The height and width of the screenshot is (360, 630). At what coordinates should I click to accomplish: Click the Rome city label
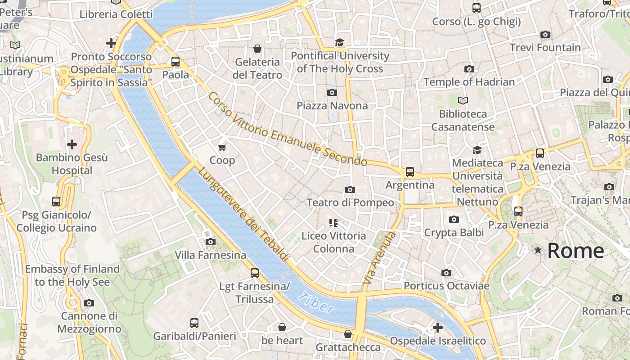pyautogui.click(x=576, y=251)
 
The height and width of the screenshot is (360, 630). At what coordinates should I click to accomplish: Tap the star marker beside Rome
pyautogui.click(x=538, y=250)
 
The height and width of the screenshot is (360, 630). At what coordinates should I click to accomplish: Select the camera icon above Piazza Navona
pyautogui.click(x=332, y=92)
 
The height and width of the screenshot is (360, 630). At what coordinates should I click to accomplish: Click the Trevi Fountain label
pyautogui.click(x=545, y=47)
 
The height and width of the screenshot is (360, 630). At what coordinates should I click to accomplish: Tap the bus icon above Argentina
pyautogui.click(x=409, y=171)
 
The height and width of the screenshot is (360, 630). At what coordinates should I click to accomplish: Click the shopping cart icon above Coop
pyautogui.click(x=222, y=147)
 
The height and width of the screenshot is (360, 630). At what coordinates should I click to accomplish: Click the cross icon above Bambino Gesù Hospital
pyautogui.click(x=72, y=144)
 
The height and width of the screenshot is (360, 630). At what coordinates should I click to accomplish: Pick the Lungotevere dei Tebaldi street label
pyautogui.click(x=243, y=214)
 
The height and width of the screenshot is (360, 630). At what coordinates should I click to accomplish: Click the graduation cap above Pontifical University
pyautogui.click(x=339, y=42)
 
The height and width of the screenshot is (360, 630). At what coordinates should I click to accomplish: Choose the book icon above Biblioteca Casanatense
pyautogui.click(x=463, y=100)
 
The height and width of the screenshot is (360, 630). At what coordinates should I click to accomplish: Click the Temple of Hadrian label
pyautogui.click(x=469, y=82)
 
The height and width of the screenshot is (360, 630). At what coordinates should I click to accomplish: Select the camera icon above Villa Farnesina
pyautogui.click(x=210, y=242)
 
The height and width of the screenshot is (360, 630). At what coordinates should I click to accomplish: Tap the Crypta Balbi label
pyautogui.click(x=454, y=232)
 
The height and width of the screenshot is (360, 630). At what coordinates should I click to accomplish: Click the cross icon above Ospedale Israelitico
pyautogui.click(x=437, y=328)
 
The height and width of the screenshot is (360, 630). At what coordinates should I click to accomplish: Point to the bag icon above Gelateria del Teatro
pyautogui.click(x=257, y=49)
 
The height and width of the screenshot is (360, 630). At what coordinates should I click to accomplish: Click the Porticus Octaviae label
pyautogui.click(x=446, y=286)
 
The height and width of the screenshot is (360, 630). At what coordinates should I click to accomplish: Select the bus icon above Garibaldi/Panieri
pyautogui.click(x=194, y=323)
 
